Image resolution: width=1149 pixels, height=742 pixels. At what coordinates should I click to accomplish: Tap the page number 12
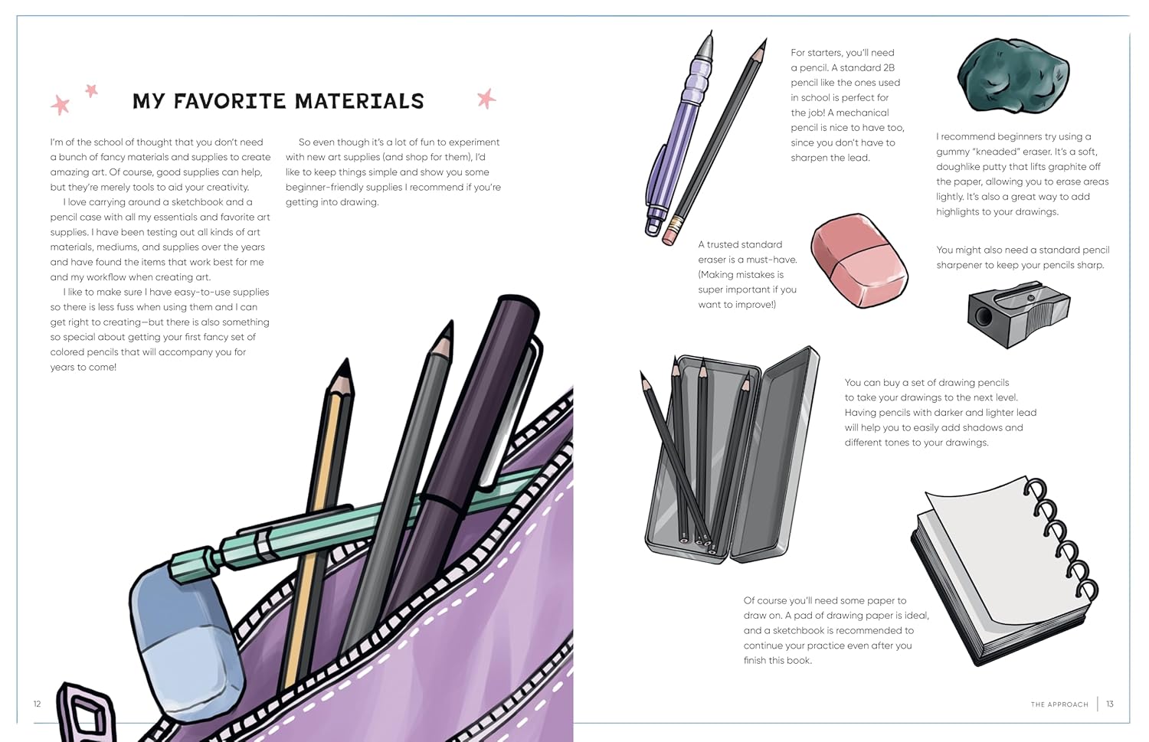[37, 704]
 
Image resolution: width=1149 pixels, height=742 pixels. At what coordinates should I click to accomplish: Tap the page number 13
[1110, 704]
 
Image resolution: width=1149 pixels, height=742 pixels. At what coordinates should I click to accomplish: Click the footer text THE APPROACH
[1059, 704]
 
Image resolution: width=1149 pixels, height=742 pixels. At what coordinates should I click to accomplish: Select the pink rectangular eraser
[858, 260]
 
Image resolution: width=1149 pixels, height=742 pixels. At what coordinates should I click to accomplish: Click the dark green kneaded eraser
[1013, 77]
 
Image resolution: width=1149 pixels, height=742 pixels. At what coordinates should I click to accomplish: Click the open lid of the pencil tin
[775, 452]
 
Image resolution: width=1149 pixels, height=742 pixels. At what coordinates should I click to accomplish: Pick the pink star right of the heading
[486, 98]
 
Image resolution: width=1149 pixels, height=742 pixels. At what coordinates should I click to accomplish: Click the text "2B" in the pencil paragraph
[888, 67]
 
